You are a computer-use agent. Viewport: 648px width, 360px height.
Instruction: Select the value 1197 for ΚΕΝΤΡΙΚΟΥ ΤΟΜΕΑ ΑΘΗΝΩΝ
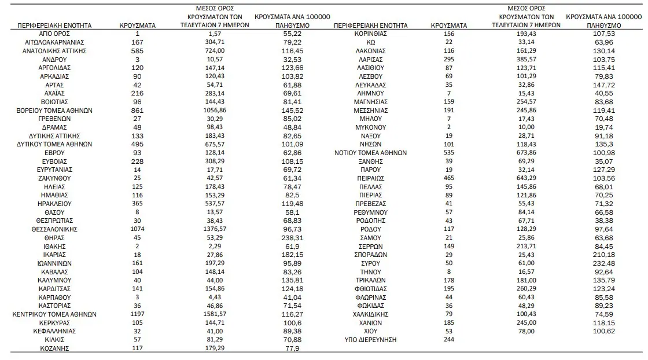tap(137, 314)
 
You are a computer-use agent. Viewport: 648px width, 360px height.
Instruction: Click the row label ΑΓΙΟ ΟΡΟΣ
tap(55, 34)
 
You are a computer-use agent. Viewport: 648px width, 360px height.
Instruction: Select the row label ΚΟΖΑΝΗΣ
tap(55, 348)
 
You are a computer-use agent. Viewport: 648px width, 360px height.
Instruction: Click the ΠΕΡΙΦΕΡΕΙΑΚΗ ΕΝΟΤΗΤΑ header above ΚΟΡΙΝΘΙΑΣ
tap(371, 25)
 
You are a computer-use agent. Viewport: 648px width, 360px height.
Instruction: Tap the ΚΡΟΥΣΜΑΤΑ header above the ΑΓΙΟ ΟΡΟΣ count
tap(137, 25)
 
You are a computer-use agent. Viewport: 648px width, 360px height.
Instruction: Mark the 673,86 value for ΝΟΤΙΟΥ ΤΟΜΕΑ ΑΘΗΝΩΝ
tap(526, 153)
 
